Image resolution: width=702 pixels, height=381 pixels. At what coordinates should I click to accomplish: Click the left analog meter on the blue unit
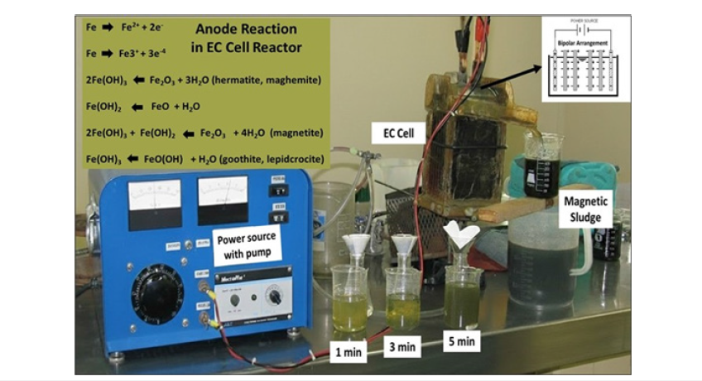(154, 199)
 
